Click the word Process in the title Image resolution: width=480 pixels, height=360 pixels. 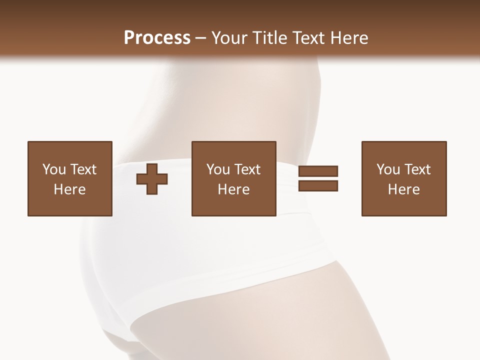[157, 38]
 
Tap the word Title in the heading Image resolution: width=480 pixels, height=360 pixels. [270, 38]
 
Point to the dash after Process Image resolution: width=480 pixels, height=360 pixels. [201, 38]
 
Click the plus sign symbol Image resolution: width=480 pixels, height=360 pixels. [152, 178]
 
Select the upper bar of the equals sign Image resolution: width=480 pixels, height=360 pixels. [318, 171]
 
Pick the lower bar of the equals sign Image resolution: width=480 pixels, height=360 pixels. [318, 185]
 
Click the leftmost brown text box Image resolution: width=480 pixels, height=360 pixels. [70, 178]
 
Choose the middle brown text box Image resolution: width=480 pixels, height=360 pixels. [234, 178]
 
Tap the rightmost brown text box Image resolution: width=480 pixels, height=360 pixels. [404, 178]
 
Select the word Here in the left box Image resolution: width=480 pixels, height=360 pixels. [70, 189]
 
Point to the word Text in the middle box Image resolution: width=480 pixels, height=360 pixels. [247, 169]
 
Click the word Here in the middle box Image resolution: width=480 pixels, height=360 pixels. [234, 189]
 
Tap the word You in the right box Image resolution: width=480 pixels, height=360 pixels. [388, 169]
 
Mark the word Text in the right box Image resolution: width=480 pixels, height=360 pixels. [417, 169]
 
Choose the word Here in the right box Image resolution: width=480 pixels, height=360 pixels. [404, 189]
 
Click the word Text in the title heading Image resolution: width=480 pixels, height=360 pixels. [310, 38]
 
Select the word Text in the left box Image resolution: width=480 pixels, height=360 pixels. [83, 169]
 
